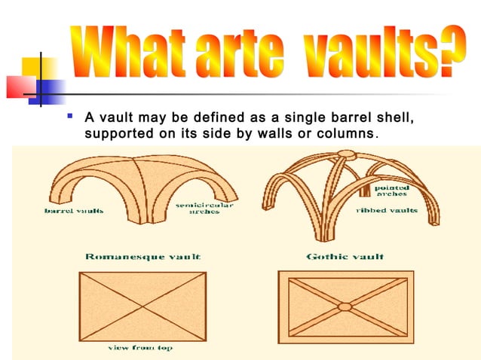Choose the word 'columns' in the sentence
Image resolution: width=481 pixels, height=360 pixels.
(348, 134)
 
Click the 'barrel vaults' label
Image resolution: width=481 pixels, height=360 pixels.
(73, 212)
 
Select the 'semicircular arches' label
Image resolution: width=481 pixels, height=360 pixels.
(204, 209)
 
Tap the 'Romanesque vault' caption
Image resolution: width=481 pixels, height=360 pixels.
(143, 256)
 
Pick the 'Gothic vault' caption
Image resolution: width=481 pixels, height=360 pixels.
(345, 256)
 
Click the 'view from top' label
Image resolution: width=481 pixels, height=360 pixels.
(140, 348)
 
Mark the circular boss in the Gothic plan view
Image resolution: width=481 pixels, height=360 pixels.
(345, 307)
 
